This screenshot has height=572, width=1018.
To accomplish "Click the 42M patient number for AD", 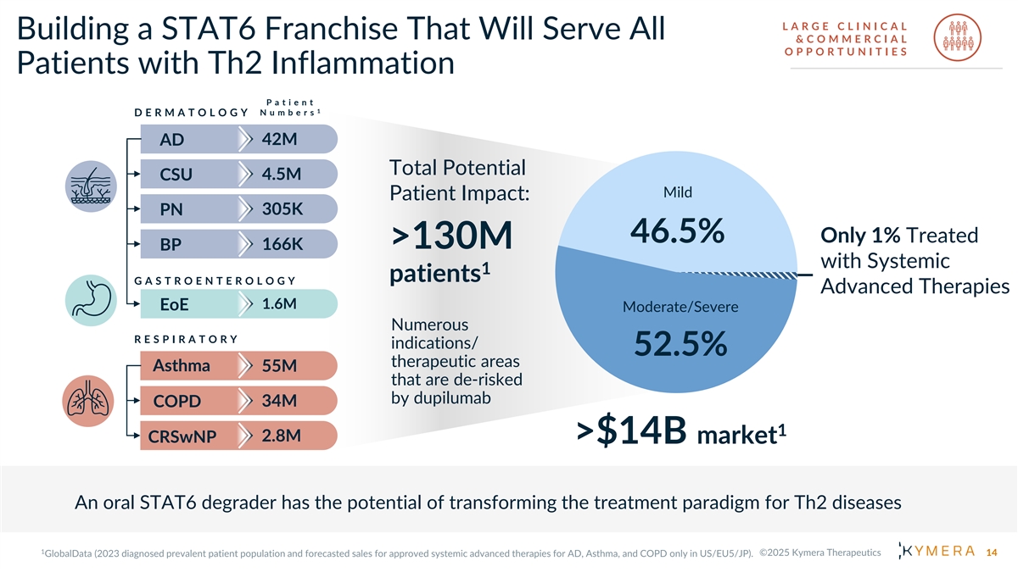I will tap(278, 138).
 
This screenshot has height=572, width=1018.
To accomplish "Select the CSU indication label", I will tap(176, 175).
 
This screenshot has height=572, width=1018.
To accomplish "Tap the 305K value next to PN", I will tap(282, 208).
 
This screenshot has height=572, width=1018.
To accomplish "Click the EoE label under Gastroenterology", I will tap(174, 304).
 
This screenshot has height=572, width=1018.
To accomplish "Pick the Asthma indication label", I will tap(182, 366).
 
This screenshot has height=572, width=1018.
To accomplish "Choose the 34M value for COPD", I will tap(278, 400).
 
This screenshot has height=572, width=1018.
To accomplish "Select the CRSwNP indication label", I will tap(182, 436).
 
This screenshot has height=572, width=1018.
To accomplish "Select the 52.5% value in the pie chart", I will tap(681, 344).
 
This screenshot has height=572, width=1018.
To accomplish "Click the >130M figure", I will tap(451, 238).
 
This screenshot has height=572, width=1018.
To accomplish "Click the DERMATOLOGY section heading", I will tap(191, 113).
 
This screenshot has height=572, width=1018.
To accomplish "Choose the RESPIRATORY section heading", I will tap(186, 339).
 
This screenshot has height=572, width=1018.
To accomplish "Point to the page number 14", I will tap(992, 553).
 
